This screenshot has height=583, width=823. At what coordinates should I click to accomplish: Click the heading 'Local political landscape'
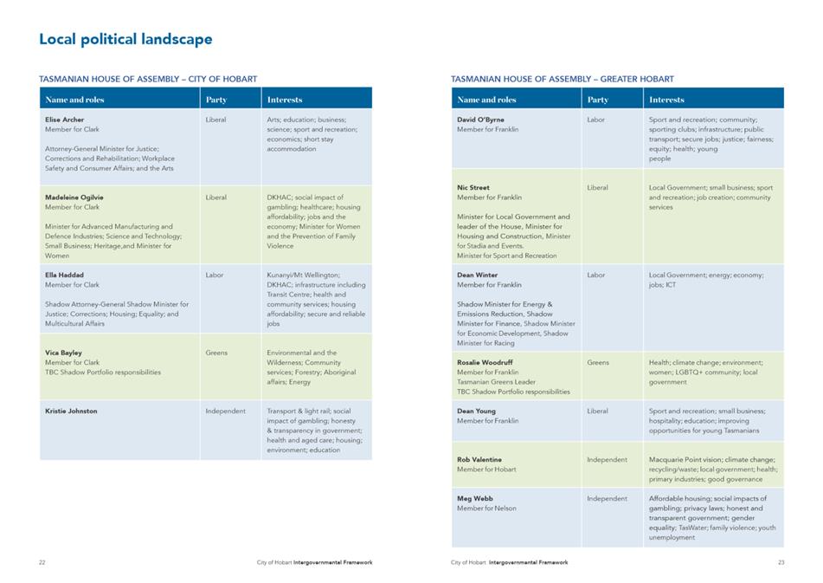(126, 39)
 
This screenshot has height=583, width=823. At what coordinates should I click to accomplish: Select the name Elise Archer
(65, 120)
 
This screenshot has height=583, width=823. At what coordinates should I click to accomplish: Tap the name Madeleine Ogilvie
(74, 198)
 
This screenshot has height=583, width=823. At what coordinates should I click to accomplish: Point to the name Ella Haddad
(64, 275)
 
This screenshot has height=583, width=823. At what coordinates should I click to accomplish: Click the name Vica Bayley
(63, 353)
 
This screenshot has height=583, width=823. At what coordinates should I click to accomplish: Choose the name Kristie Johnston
(71, 411)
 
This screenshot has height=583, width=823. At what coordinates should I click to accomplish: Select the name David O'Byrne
(480, 120)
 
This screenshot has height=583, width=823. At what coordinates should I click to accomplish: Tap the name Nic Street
(473, 187)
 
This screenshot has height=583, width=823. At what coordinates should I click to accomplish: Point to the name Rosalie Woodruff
(485, 362)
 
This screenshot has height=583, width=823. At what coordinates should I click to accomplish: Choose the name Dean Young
(476, 411)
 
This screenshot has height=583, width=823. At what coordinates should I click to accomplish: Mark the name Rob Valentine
(479, 460)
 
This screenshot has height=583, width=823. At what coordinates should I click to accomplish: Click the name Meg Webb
(474, 498)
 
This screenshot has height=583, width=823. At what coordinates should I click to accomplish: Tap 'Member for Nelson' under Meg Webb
(486, 509)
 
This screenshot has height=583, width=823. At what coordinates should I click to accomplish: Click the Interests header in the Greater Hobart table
(666, 100)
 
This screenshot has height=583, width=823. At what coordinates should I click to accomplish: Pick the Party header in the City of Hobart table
(216, 100)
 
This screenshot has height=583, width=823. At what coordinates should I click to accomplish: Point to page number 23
(781, 562)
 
